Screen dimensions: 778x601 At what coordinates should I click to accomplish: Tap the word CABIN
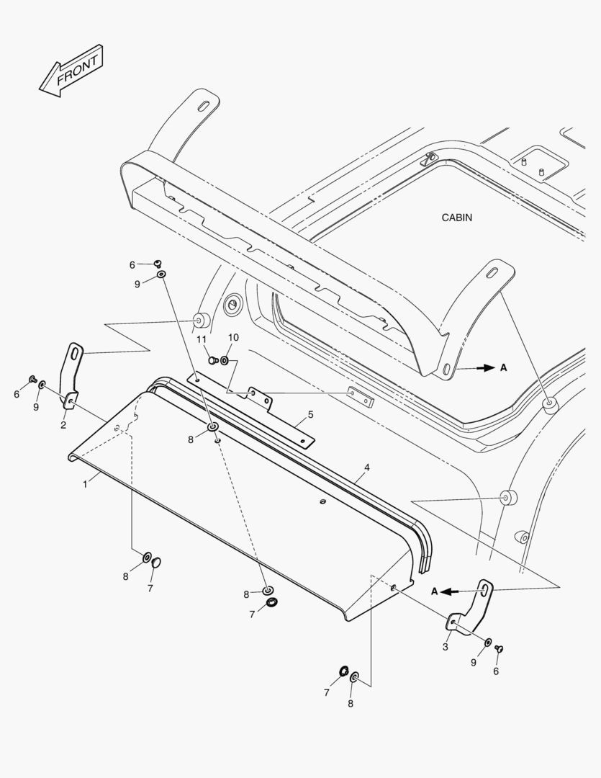tap(457, 218)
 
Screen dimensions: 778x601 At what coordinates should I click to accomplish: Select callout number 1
tap(85, 484)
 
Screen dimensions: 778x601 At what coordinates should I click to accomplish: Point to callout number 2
tap(63, 425)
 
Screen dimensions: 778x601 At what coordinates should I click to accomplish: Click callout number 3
tap(445, 647)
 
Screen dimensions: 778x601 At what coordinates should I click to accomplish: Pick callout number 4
tap(366, 468)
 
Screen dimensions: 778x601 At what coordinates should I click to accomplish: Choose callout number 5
tap(310, 414)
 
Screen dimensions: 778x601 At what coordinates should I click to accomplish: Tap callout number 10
tap(233, 337)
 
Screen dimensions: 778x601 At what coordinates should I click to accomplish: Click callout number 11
tap(202, 339)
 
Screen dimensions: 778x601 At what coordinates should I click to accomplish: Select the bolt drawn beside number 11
tap(212, 359)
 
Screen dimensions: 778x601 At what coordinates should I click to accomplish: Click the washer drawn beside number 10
tap(225, 359)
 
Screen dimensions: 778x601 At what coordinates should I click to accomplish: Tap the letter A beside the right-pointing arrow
tap(504, 367)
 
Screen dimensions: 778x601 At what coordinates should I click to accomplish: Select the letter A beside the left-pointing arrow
tap(435, 591)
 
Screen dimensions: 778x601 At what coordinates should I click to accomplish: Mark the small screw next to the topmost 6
tap(158, 264)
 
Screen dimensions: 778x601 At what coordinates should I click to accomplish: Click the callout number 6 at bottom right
tap(495, 671)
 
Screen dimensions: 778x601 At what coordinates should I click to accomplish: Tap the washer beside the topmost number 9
tap(161, 274)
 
